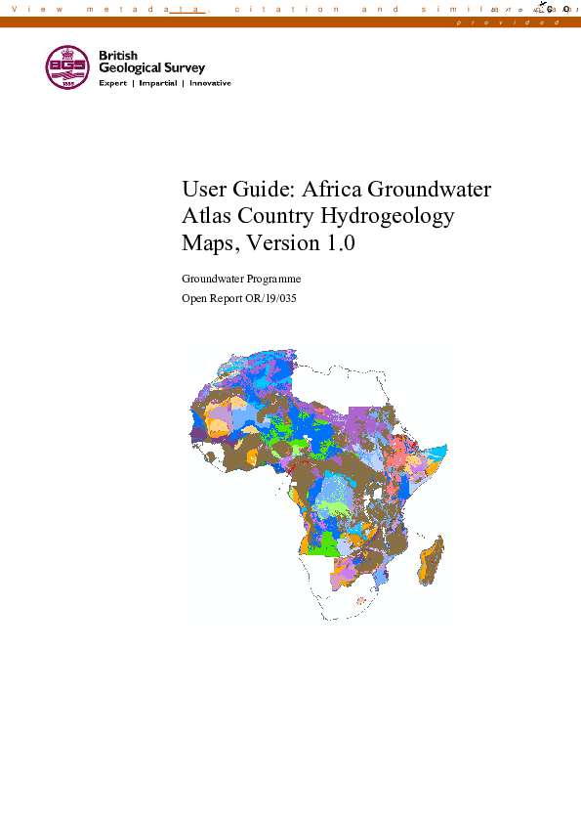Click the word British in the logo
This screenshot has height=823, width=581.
tap(118, 56)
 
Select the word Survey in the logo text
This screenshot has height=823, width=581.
tap(185, 68)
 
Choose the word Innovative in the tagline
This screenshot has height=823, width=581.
tap(210, 84)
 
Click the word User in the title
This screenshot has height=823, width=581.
tap(203, 190)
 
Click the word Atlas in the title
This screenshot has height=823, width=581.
tap(206, 216)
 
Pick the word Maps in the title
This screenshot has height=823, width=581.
tap(209, 242)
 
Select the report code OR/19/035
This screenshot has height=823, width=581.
tap(267, 298)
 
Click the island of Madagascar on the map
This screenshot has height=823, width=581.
tap(432, 560)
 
